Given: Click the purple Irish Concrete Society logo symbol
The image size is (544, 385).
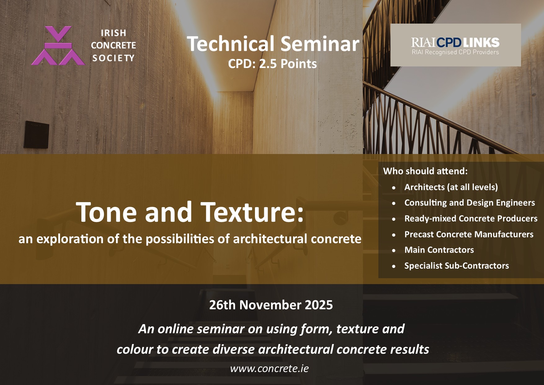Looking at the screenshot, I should point(58,46).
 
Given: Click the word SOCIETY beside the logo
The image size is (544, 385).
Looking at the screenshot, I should point(114,58).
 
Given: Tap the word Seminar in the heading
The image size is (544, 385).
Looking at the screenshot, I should point(320,44).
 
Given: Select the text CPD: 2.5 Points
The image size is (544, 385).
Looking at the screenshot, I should point(272,64).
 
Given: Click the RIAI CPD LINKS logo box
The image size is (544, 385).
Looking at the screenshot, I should point(455,45).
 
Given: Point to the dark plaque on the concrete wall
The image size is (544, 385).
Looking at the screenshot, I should point(37,134).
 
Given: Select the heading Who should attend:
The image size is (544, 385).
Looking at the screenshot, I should point(425,171).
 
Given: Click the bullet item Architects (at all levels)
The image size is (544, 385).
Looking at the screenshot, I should point(451,187).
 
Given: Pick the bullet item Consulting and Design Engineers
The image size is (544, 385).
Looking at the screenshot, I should point(470,203).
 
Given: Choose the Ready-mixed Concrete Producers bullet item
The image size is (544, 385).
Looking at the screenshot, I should point(471,219).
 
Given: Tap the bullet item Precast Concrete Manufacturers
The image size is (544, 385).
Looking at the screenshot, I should point(469,234).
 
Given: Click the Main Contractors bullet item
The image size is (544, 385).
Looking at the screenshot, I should point(439,250).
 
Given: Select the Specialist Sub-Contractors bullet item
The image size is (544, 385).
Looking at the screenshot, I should point(456,266).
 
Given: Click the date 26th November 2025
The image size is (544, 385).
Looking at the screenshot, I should point(271,305).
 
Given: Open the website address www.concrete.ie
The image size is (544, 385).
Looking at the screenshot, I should point(269,369).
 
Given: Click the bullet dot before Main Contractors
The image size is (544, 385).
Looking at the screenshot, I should point(394,251).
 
